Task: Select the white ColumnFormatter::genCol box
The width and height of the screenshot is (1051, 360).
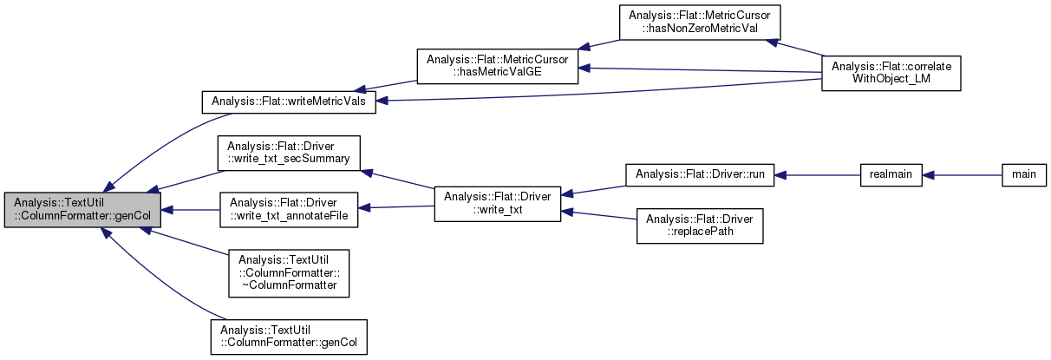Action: (x=288, y=337)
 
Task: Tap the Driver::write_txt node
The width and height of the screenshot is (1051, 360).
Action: (x=497, y=204)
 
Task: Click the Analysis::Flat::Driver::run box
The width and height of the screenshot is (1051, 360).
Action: (x=700, y=173)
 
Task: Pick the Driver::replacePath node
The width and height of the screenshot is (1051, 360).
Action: (x=700, y=225)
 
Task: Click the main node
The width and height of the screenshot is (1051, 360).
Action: (x=1023, y=173)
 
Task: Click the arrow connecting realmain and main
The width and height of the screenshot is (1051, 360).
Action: (x=962, y=173)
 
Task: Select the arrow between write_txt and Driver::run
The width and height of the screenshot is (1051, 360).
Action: (x=593, y=189)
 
